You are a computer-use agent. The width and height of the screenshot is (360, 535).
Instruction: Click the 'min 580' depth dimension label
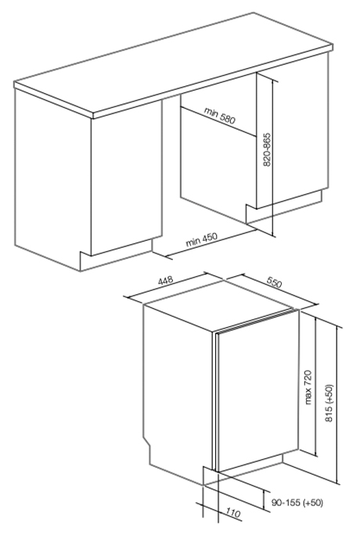(x=220, y=115)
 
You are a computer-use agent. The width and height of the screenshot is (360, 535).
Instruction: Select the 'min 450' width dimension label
(x=201, y=239)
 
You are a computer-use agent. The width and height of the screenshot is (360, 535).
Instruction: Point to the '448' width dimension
(x=166, y=281)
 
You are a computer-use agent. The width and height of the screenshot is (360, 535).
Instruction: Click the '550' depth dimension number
(x=274, y=282)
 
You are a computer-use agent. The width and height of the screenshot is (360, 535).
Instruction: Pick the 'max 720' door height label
(x=308, y=387)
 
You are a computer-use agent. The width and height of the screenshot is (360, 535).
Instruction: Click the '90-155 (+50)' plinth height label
(x=297, y=503)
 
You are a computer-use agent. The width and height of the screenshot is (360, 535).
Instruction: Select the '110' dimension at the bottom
(x=232, y=513)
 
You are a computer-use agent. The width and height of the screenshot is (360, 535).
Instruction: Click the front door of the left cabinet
(x=126, y=178)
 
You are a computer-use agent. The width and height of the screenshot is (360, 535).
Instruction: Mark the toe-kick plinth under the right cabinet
(x=284, y=208)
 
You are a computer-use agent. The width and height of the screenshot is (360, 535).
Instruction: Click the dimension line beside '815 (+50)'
(x=339, y=405)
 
